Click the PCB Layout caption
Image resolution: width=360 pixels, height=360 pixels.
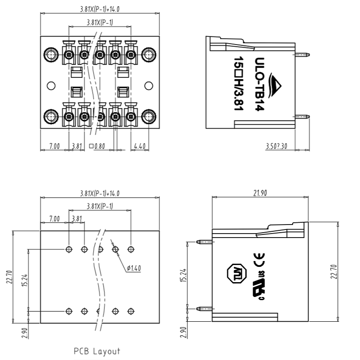click(97, 351)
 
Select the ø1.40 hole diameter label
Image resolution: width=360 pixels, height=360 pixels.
click(134, 268)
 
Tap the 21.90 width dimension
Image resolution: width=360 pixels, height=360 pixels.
click(261, 193)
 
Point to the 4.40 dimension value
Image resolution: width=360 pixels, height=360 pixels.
click(139, 146)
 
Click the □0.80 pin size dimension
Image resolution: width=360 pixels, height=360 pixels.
click(97, 146)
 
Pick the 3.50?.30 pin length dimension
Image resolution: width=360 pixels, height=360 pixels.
click(277, 146)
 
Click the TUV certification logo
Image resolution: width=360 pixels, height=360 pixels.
click(233, 273)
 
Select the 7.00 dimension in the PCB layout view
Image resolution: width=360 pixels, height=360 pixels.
click(54, 219)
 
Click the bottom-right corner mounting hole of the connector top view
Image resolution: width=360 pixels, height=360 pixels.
click(148, 117)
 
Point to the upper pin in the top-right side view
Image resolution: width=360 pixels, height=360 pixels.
click(302, 54)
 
